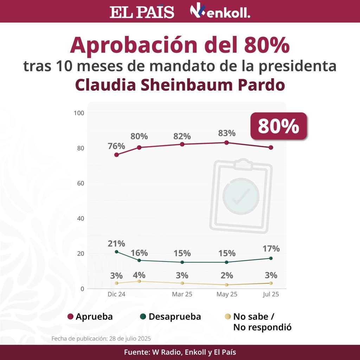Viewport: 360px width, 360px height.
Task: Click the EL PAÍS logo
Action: (x=142, y=12)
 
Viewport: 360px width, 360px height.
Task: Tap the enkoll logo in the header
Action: (x=220, y=12)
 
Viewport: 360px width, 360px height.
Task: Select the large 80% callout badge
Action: (x=278, y=126)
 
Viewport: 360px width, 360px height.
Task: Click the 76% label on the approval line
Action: (x=116, y=146)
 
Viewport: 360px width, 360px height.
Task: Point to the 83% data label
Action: (x=227, y=133)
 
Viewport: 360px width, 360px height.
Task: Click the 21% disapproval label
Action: (x=116, y=243)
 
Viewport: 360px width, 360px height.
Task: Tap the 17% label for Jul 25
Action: (x=271, y=249)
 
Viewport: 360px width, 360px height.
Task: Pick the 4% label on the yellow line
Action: (x=140, y=275)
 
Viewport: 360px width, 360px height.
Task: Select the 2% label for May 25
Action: (x=227, y=275)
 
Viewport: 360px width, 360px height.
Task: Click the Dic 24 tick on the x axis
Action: (x=116, y=295)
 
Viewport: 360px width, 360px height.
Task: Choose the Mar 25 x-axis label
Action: (x=182, y=295)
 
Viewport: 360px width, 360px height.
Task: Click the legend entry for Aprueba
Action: (x=90, y=316)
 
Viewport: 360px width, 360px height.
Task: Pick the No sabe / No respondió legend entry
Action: (x=257, y=322)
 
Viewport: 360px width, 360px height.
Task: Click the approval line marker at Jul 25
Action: (x=271, y=148)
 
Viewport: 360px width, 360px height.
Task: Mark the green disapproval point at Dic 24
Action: (x=116, y=252)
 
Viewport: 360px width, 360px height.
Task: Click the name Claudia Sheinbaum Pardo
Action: (x=180, y=85)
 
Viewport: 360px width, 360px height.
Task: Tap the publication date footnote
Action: (x=101, y=339)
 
